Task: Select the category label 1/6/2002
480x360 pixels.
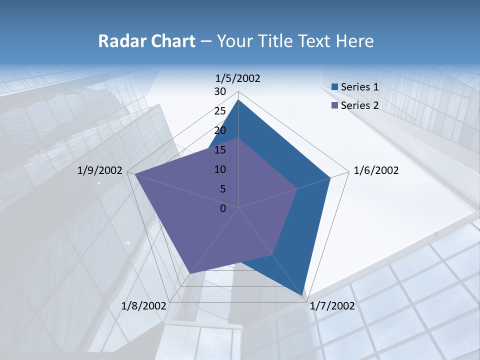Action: coord(376,170)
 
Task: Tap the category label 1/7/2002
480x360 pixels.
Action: coord(332,306)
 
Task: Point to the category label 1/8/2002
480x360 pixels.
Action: coord(144,306)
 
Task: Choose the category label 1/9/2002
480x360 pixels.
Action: coord(100,170)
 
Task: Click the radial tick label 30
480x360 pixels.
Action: coord(220,91)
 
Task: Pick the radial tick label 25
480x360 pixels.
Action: coord(220,111)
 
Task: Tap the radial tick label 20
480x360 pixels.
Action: coord(220,130)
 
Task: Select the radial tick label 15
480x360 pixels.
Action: coord(220,150)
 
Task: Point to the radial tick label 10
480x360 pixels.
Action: coord(220,169)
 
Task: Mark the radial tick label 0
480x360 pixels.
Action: coord(223,208)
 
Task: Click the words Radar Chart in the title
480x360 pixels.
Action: coord(146,41)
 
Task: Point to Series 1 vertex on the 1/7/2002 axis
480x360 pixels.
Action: coord(303,297)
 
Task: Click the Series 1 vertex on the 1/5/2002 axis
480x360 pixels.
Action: coord(238,99)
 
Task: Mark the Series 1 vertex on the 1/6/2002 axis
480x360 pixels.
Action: coord(330,177)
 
